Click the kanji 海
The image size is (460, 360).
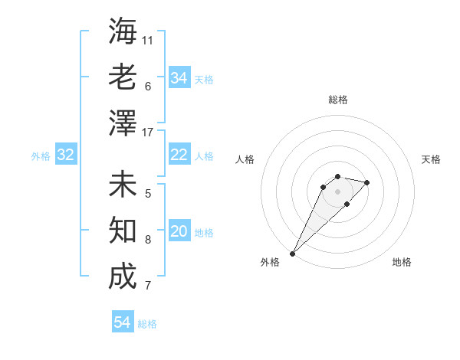coord(123,32)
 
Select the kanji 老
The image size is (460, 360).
coord(123,77)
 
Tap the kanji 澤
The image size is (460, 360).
coord(123,122)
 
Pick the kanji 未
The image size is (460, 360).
coord(123,185)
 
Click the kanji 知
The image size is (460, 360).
coord(123,231)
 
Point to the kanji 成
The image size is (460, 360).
coord(123,277)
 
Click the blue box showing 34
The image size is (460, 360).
coord(179,78)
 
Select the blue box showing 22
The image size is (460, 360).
coord(179,155)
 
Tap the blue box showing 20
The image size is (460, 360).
coord(179,232)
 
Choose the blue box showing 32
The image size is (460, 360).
coord(66,155)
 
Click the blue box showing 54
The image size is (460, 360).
coord(123,322)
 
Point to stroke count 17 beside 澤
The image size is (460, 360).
coord(148,133)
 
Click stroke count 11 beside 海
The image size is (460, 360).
coord(148,40)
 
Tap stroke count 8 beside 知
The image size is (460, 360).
coord(148,239)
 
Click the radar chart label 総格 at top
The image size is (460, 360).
coord(337,100)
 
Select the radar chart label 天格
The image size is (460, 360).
coord(431,159)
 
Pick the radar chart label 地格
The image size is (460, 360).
coord(402,262)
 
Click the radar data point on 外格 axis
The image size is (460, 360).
coord(292,253)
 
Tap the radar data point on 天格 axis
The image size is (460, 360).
coord(367,182)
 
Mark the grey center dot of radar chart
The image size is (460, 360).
coord(337,191)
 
